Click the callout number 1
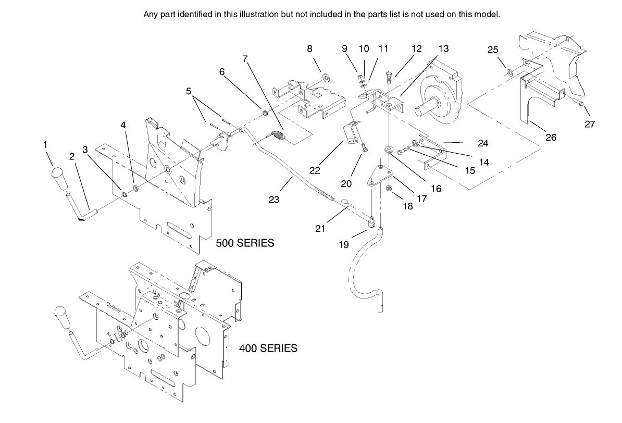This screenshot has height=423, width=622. click(x=46, y=144)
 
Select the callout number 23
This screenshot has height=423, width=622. click(x=274, y=199)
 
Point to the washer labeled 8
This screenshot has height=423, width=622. click(x=327, y=78)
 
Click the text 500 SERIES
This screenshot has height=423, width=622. click(x=245, y=243)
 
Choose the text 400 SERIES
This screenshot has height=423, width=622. click(x=268, y=348)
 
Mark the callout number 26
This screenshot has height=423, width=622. click(x=551, y=138)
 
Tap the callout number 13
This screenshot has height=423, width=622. click(x=443, y=48)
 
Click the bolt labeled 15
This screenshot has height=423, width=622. click(x=404, y=152)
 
